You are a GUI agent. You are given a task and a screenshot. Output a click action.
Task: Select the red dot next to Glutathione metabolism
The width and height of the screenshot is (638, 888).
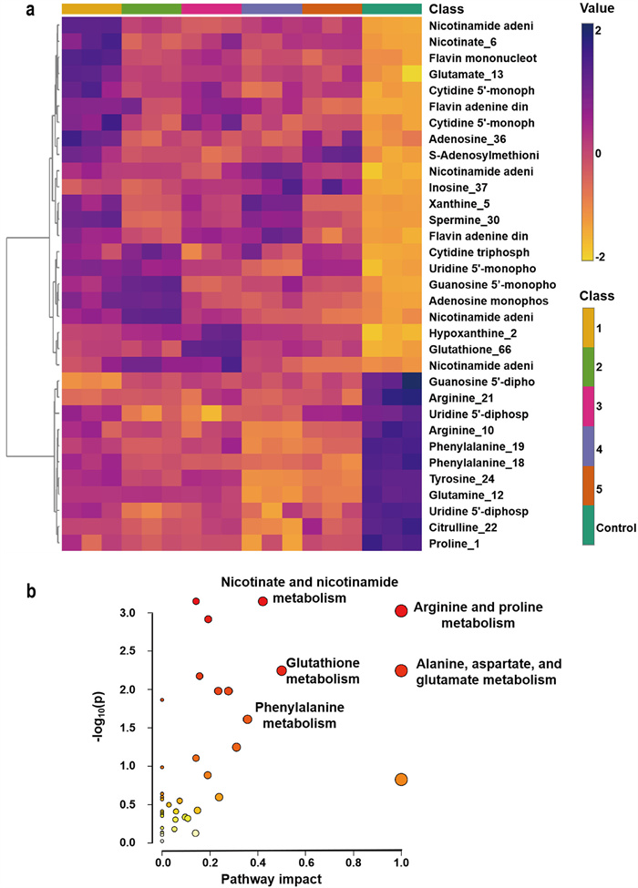282,670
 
